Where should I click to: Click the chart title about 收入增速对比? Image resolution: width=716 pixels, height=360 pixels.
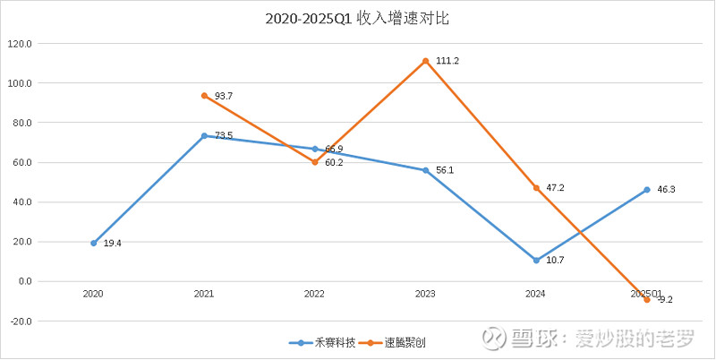coord(358,18)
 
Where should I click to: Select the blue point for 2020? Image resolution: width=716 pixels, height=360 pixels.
coord(93,243)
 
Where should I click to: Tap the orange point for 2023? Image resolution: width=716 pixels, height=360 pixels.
coord(426,61)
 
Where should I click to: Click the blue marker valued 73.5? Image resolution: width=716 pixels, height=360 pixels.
coord(204,135)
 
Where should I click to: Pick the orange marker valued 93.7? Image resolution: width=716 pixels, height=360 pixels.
coord(204,96)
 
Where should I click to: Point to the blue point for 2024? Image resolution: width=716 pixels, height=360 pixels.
coord(536,260)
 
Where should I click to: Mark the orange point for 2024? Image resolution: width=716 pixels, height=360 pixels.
coord(536,188)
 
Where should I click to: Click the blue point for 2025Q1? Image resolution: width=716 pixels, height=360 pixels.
coord(647,190)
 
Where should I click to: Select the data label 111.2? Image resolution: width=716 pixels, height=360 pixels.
coord(447,61)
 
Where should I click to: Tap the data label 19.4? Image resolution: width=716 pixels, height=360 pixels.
coord(113,244)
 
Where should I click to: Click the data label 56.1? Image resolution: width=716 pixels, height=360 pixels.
coord(446,171)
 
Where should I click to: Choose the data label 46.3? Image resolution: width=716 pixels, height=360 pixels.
coord(667,190)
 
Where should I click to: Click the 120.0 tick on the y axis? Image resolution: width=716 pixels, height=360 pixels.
coord(20,43)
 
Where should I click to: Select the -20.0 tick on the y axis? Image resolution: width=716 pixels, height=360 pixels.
coord(20,321)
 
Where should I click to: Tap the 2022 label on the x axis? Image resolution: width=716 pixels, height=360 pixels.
coord(314,293)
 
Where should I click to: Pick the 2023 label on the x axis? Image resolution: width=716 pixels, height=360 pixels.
coord(425,293)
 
